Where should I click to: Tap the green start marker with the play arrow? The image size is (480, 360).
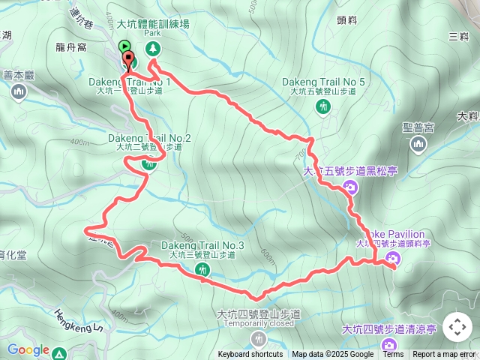click(x=124, y=47)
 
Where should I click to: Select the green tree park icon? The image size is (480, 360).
click(x=153, y=49)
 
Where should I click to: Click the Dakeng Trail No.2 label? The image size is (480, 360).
click(x=149, y=138)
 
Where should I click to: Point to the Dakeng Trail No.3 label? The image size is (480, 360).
click(x=202, y=245)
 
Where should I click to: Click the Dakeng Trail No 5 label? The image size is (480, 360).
click(x=324, y=82)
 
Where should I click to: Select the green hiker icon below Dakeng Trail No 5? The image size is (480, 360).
click(x=322, y=106)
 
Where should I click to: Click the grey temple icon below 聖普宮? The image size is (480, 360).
click(x=418, y=143)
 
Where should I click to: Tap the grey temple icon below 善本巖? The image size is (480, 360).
click(x=19, y=91)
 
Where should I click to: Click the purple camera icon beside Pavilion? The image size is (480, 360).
click(x=391, y=259)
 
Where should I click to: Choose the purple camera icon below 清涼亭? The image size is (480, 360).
click(x=388, y=345)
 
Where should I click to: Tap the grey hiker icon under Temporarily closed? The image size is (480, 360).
click(x=259, y=337)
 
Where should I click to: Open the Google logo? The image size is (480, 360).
click(x=28, y=350)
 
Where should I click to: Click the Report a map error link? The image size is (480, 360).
click(x=444, y=355)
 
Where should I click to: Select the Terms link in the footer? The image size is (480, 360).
click(x=393, y=355)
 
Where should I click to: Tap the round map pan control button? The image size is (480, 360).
click(x=457, y=327)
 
